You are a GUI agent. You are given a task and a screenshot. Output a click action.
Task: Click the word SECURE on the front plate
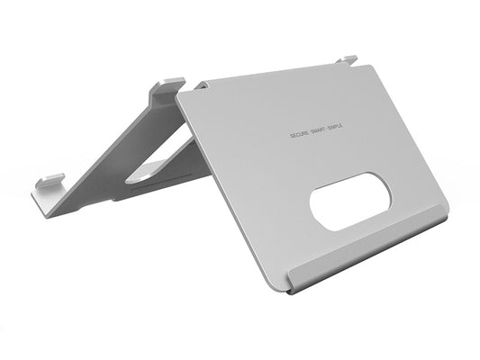click(x=300, y=133)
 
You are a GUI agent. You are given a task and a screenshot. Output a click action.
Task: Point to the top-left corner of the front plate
click(x=180, y=92)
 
